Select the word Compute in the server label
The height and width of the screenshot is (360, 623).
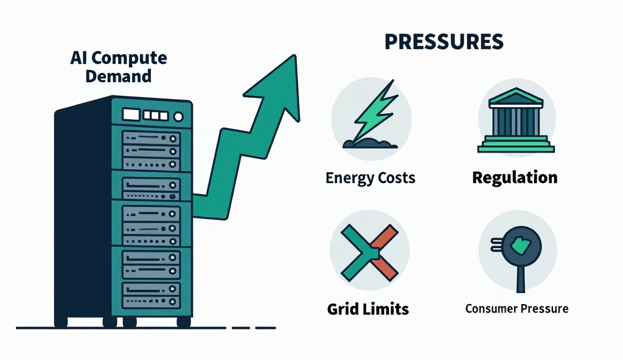coord(134,59)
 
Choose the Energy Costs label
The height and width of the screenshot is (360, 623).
coord(371,178)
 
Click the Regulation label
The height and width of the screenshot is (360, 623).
coord(515,178)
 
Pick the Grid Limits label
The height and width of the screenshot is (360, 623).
coord(368,308)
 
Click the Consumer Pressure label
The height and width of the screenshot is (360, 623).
coord(517,308)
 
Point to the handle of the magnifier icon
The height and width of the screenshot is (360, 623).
coord(520,280)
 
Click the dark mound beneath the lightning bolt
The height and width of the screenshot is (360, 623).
coord(366,144)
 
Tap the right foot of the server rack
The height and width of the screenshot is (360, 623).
coord(181,320)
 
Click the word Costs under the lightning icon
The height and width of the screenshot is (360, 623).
coord(393,178)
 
